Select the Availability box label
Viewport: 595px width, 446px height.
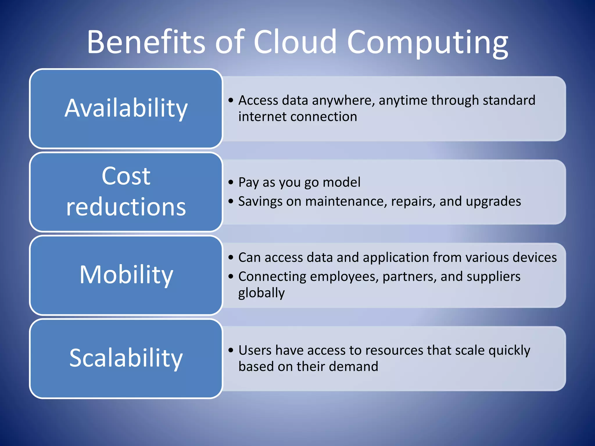coord(126,108)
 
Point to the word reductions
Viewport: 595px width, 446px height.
coord(126,207)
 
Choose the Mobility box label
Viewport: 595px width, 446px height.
coord(126,275)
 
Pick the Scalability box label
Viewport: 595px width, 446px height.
coord(126,358)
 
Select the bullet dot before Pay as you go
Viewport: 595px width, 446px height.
coord(231,182)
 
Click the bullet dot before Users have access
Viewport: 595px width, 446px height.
coord(231,350)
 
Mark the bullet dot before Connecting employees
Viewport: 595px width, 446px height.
coord(231,276)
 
